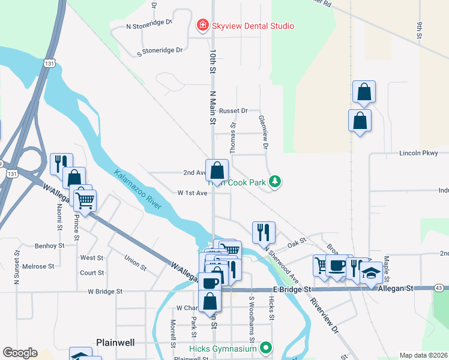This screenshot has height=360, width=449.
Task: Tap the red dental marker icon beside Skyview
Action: pyautogui.click(x=203, y=25)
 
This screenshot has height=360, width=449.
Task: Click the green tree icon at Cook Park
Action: pyautogui.click(x=275, y=181)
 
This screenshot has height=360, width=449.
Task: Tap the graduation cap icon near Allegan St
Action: pyautogui.click(x=372, y=272)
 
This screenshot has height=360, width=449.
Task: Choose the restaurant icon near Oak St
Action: pyautogui.click(x=264, y=231)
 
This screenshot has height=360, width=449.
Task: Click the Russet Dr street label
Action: pyautogui.click(x=233, y=111)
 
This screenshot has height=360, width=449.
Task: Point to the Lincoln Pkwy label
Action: pyautogui.click(x=419, y=154)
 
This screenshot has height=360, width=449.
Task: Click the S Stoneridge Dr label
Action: pyautogui.click(x=160, y=50)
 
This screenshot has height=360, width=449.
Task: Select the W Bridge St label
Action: pyautogui.click(x=105, y=292)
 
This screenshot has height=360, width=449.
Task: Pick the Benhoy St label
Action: pyautogui.click(x=49, y=245)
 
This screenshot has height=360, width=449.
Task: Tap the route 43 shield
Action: pyautogui.click(x=439, y=289)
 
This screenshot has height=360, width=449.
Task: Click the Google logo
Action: pyautogui.click(x=20, y=353)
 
